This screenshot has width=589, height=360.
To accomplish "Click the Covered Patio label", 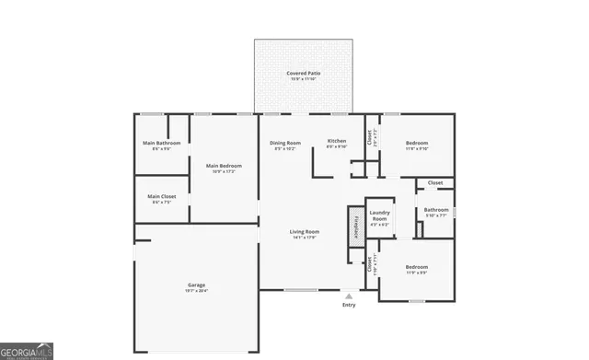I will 303,72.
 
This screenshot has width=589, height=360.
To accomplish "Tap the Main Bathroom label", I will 161,143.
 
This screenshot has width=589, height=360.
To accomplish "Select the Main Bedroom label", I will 224,166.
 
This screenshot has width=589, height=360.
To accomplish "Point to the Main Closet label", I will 161,196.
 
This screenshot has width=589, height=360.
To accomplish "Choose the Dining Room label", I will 284,143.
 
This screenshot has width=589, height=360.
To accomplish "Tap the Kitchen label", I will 337,141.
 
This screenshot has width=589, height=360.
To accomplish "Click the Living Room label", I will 304,231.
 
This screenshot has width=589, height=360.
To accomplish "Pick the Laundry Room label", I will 379,215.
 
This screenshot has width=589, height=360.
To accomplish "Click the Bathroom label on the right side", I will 436,209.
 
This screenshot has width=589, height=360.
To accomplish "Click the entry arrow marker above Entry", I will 348,296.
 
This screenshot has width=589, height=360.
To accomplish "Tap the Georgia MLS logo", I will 27,351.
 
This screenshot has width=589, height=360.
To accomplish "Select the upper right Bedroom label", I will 417,143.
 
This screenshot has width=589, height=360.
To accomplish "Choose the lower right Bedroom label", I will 417,267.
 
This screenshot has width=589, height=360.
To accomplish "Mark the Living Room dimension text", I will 304,238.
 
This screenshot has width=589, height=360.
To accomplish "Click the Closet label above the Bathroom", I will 434,182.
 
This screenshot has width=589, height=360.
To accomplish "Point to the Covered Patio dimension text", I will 303,78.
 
